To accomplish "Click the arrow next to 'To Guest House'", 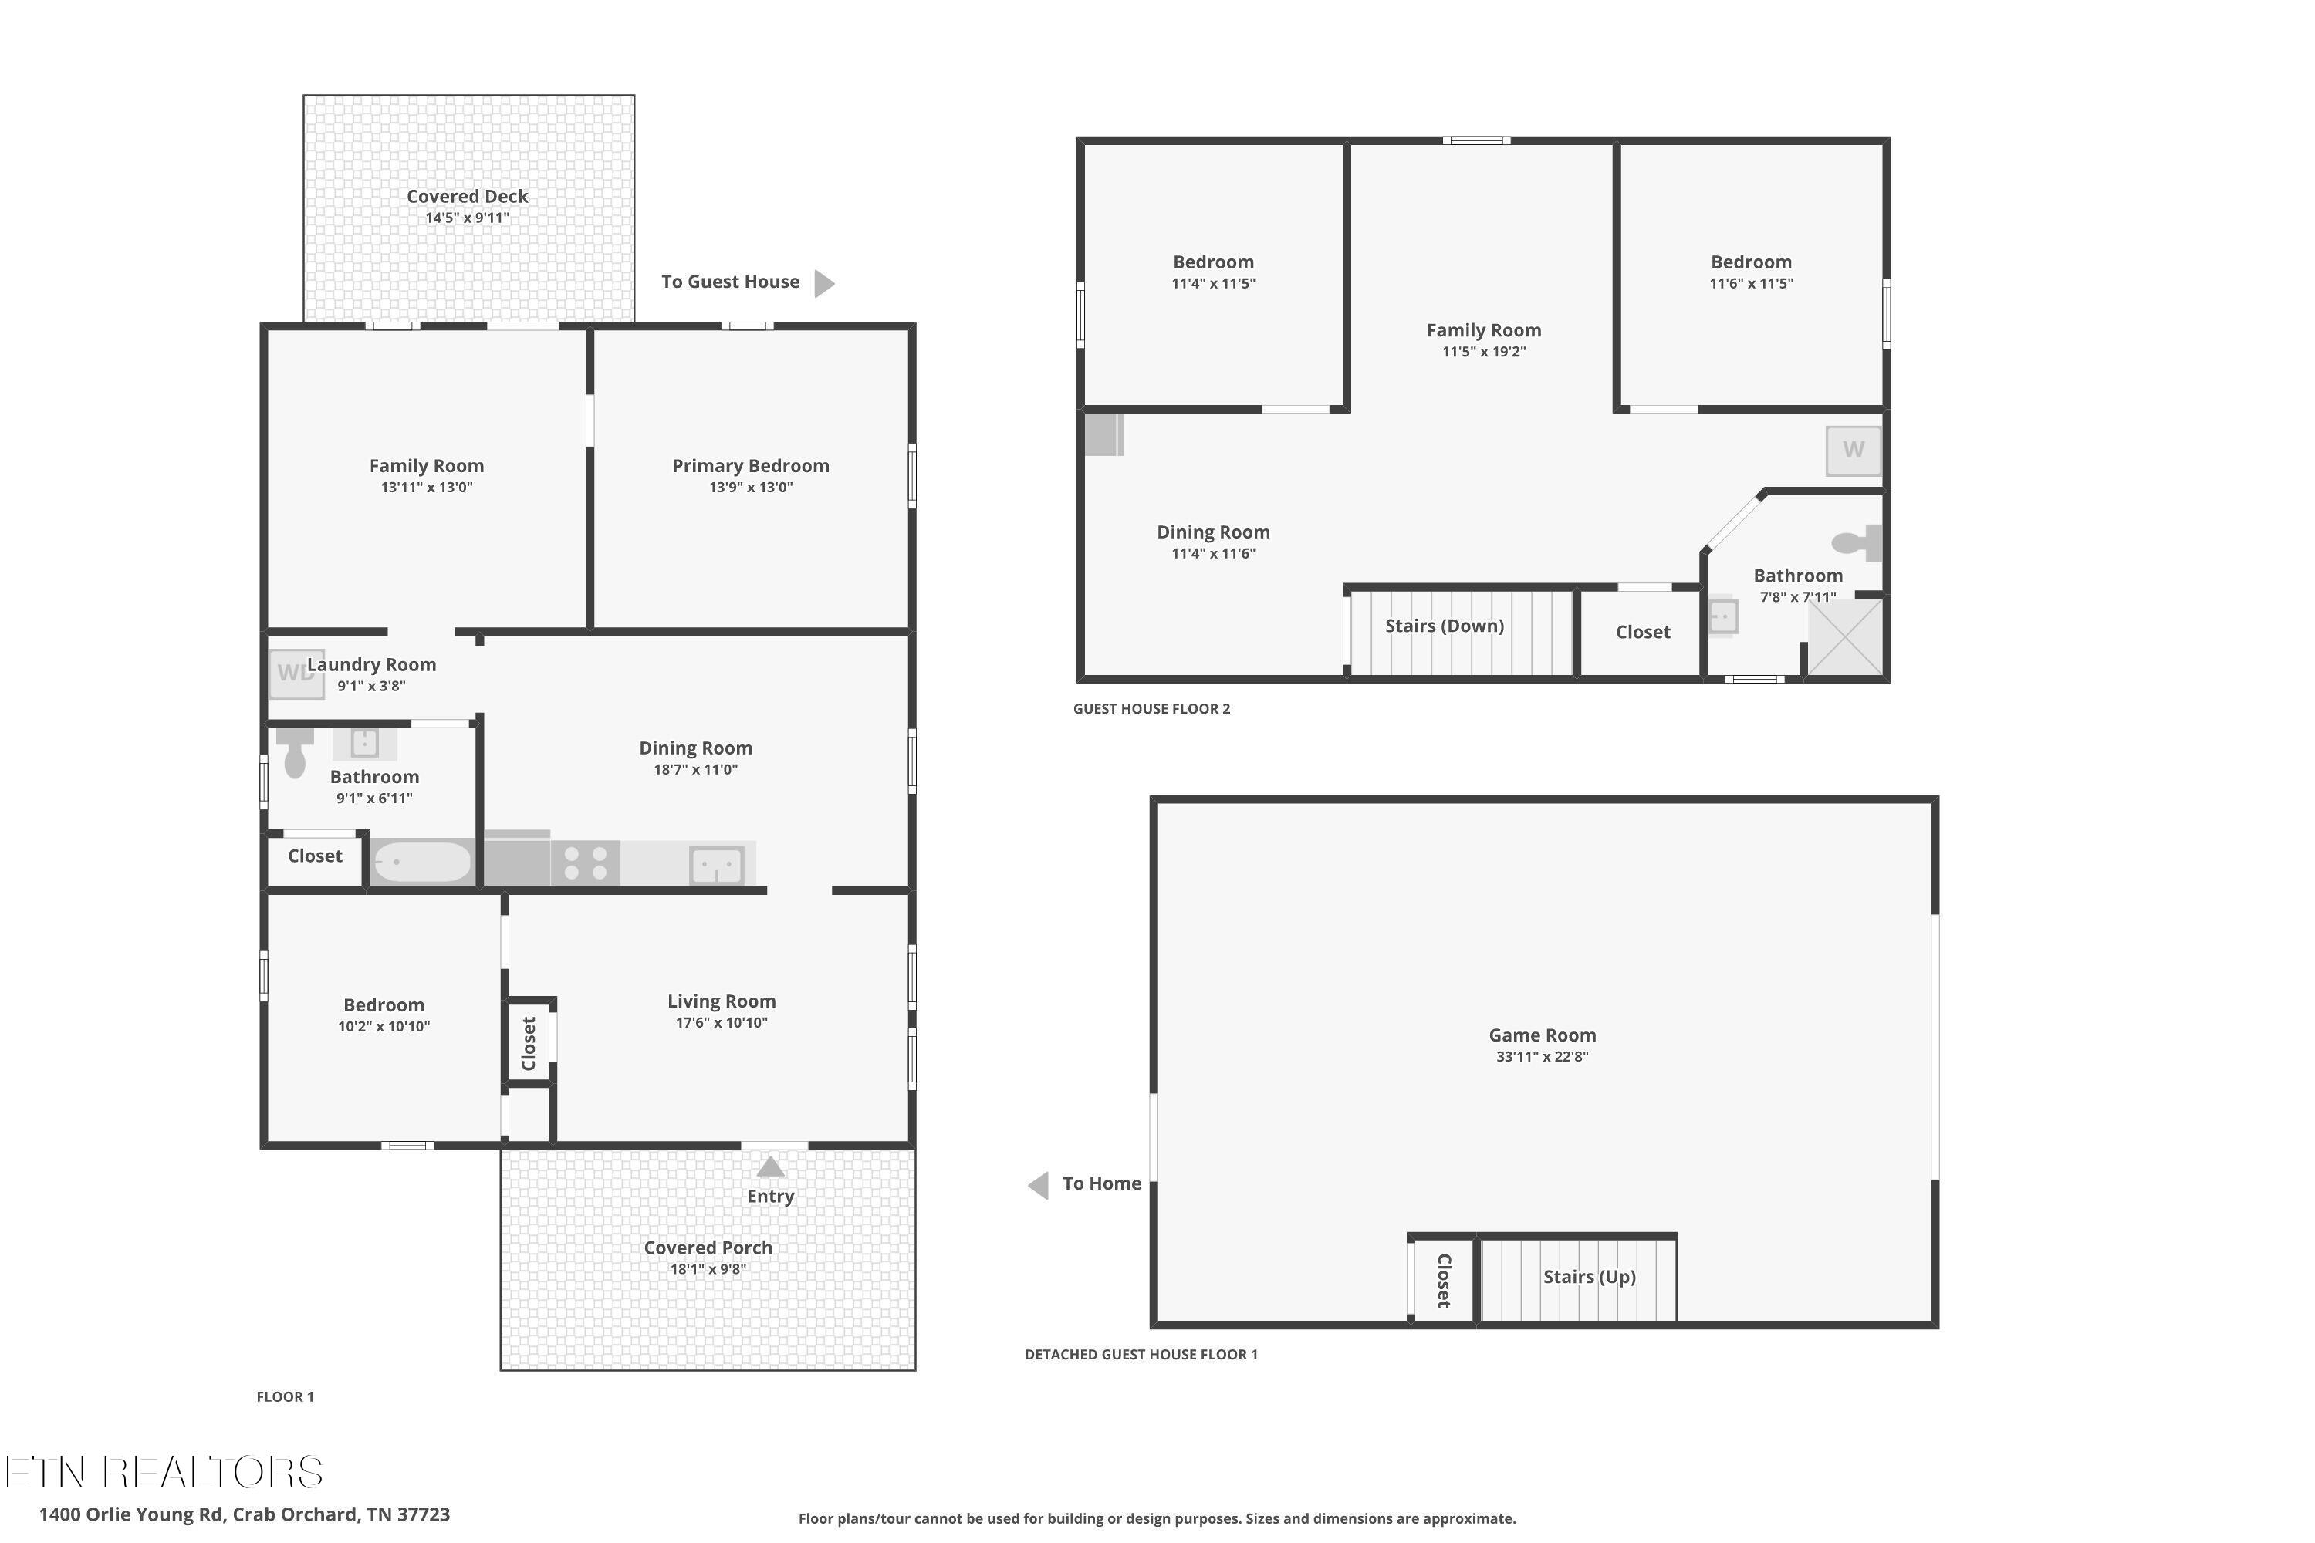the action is (x=824, y=283).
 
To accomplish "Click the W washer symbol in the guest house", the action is (x=1854, y=450).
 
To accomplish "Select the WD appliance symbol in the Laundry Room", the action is (x=296, y=674).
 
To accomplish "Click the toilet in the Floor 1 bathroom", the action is (x=294, y=753).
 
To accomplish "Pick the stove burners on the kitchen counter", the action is (x=585, y=864).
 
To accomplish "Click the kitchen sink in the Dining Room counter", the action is (x=717, y=866).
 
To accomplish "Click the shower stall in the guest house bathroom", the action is (x=1846, y=638).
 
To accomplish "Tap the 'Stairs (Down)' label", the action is (x=1444, y=626).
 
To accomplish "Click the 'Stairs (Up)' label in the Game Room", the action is (x=1589, y=1278).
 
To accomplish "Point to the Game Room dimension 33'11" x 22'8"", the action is (x=1543, y=1057).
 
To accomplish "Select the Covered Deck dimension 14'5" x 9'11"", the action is (x=468, y=218).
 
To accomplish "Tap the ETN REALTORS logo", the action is (x=164, y=1473).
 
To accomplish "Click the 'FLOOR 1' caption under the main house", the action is (x=286, y=1396).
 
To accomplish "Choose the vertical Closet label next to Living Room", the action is (x=529, y=1043).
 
